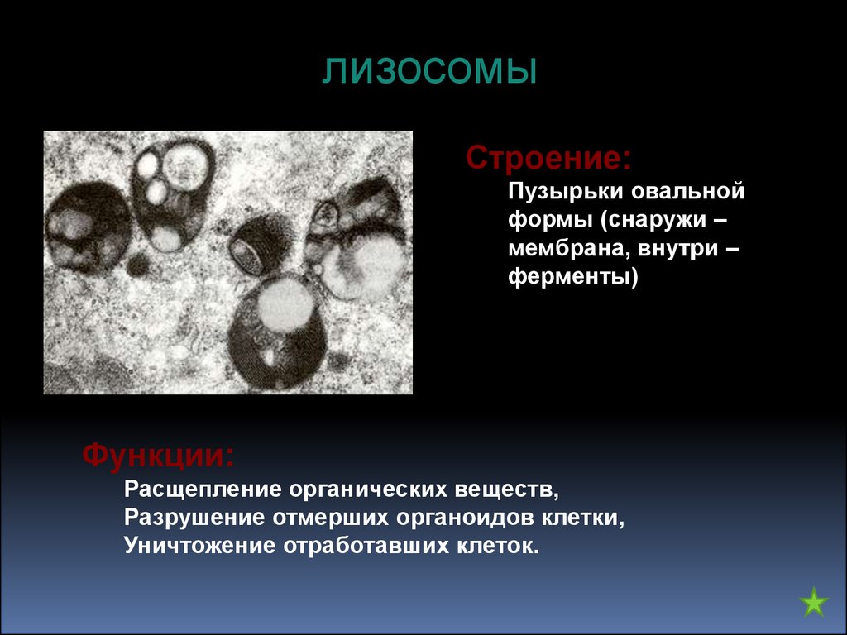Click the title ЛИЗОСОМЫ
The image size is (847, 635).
coord(430,71)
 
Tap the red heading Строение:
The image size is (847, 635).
coord(549,158)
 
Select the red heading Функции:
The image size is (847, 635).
coord(158,456)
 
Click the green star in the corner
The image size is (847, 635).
coord(814,602)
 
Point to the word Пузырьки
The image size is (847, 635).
coord(565,192)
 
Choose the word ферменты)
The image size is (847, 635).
coord(573,277)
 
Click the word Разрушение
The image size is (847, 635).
coord(194,518)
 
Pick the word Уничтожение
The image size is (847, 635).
coord(200,546)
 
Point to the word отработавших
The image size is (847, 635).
coord(366,546)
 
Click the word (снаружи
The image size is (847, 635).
coord(654,221)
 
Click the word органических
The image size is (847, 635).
coord(368,489)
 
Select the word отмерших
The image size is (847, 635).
coord(330,518)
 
